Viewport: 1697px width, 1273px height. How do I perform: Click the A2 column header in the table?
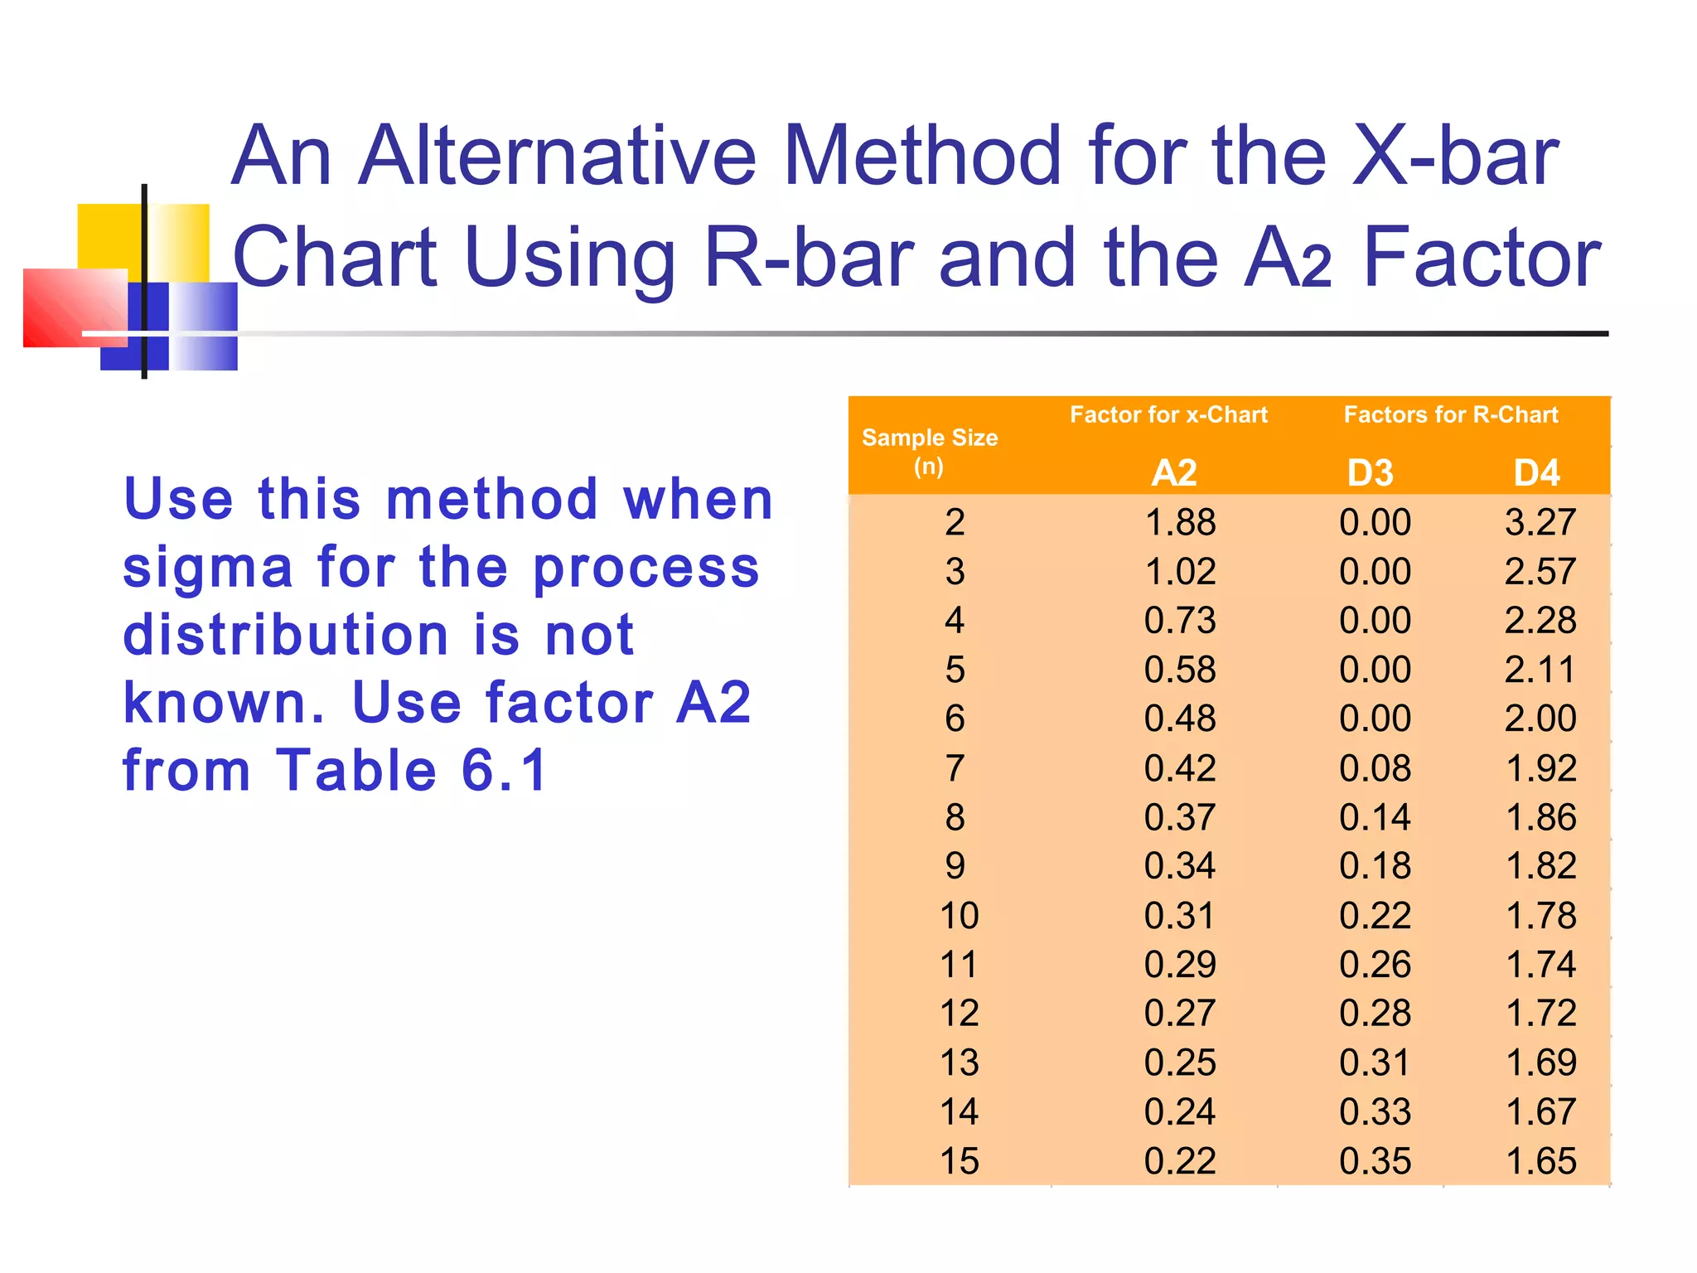(x=1174, y=472)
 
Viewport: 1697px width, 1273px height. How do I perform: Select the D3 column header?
(x=1370, y=472)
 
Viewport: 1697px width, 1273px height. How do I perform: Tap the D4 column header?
(x=1536, y=472)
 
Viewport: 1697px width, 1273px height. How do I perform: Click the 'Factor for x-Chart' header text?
(x=1168, y=414)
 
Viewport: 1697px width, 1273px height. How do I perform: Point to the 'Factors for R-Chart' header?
(x=1450, y=414)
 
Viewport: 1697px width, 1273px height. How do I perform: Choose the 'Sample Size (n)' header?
(x=930, y=451)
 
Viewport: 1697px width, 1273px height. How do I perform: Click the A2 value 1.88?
(x=1180, y=522)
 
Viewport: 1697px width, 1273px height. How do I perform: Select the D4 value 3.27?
(x=1540, y=522)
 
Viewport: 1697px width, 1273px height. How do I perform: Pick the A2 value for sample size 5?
(x=1180, y=670)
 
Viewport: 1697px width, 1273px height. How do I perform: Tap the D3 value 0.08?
(x=1375, y=768)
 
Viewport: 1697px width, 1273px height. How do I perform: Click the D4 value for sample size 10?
(x=1540, y=916)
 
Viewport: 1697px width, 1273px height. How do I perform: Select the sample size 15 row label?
(x=959, y=1161)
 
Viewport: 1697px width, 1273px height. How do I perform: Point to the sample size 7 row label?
(x=955, y=768)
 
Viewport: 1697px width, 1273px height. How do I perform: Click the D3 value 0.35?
(x=1375, y=1161)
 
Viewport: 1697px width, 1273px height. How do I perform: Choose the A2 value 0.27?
(x=1180, y=1014)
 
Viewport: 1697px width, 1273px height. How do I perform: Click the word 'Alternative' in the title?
(x=557, y=155)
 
